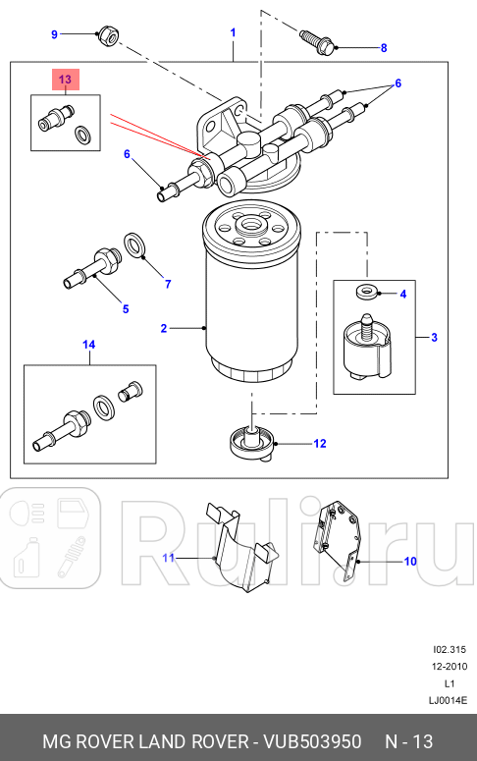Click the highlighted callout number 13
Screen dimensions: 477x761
click(65, 80)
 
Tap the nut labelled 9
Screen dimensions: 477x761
click(108, 35)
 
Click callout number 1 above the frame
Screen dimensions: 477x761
click(233, 32)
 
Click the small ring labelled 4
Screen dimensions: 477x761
click(366, 292)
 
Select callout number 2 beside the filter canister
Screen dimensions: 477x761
click(164, 329)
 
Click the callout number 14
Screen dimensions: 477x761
click(88, 345)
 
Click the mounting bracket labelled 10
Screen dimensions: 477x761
click(340, 541)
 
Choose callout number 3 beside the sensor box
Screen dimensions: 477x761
click(434, 337)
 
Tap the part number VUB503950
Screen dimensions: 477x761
click(312, 741)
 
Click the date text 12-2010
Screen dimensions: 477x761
click(450, 667)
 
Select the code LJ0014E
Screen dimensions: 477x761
click(448, 700)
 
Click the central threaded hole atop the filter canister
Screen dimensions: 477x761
click(251, 224)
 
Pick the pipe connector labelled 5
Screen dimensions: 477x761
click(92, 268)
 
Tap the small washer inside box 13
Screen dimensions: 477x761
click(82, 135)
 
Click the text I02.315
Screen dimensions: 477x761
click(450, 649)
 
